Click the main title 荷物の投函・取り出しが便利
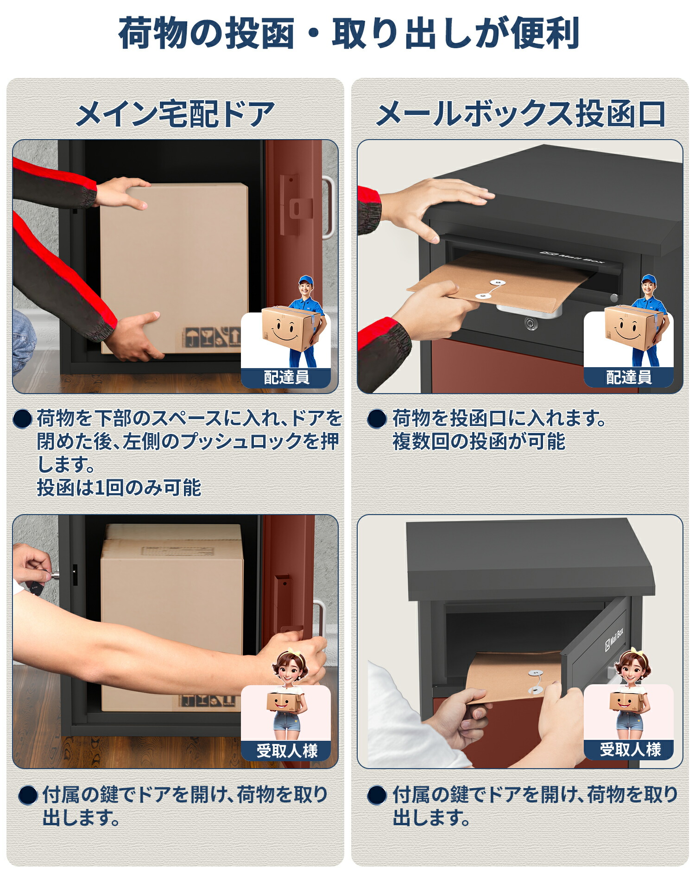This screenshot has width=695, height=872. pos(348,33)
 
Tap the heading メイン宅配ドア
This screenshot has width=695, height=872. pos(175,114)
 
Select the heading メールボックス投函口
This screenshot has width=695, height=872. pos(520,114)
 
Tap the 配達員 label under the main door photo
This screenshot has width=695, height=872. pos(286,377)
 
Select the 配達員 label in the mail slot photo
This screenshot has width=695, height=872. pos(628,377)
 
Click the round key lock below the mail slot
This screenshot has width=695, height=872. pos(531,323)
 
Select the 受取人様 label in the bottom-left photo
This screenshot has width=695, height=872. pos(286,751)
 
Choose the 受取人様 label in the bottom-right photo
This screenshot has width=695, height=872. pos(629,749)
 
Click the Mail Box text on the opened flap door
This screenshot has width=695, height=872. pos(614,639)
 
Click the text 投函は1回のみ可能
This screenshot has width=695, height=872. pos(119,488)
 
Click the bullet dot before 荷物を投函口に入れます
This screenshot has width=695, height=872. pos(377,419)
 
